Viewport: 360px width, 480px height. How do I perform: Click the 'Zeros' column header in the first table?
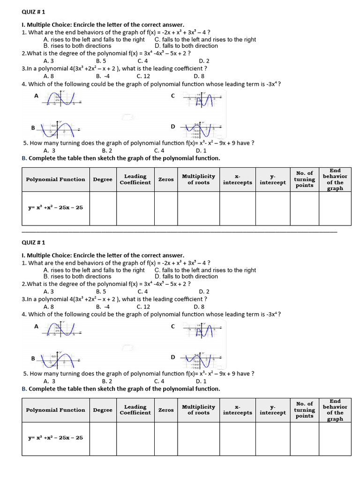coord(166,180)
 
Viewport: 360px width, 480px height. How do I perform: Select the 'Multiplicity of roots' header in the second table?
coord(198,410)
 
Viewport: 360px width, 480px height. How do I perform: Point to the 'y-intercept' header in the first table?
coord(273,180)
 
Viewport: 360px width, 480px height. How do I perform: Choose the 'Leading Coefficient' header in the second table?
coord(135,410)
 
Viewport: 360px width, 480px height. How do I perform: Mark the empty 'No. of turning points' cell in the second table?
coord(304,439)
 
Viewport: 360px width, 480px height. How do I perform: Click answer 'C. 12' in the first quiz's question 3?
coord(143,76)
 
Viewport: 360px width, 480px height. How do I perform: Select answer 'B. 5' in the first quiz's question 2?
coord(101,61)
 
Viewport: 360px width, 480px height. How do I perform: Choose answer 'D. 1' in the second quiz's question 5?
coord(201,381)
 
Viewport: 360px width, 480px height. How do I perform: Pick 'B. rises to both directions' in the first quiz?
coord(77,46)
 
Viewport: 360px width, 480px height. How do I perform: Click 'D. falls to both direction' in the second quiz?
coord(186,277)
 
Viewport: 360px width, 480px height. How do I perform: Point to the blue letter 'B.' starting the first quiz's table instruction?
coord(24,158)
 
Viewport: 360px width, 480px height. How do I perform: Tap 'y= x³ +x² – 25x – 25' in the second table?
coord(56,438)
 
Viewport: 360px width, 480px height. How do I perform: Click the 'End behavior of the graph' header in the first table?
coord(335,180)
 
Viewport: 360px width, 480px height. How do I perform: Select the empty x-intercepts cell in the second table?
coord(237,439)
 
